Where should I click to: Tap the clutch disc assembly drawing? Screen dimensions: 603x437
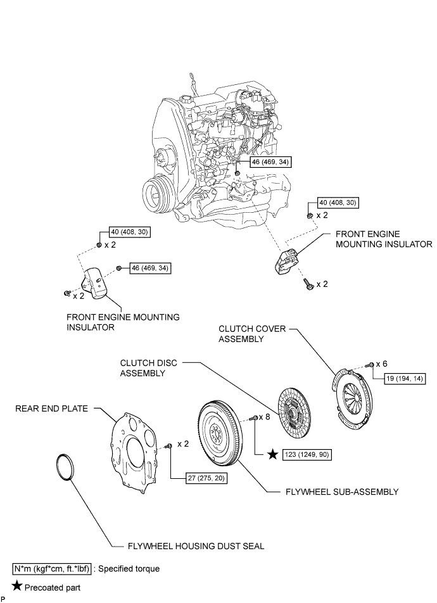293,411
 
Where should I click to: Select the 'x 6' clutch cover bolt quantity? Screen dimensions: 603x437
381,364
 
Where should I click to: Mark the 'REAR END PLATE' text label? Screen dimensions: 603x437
53,409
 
